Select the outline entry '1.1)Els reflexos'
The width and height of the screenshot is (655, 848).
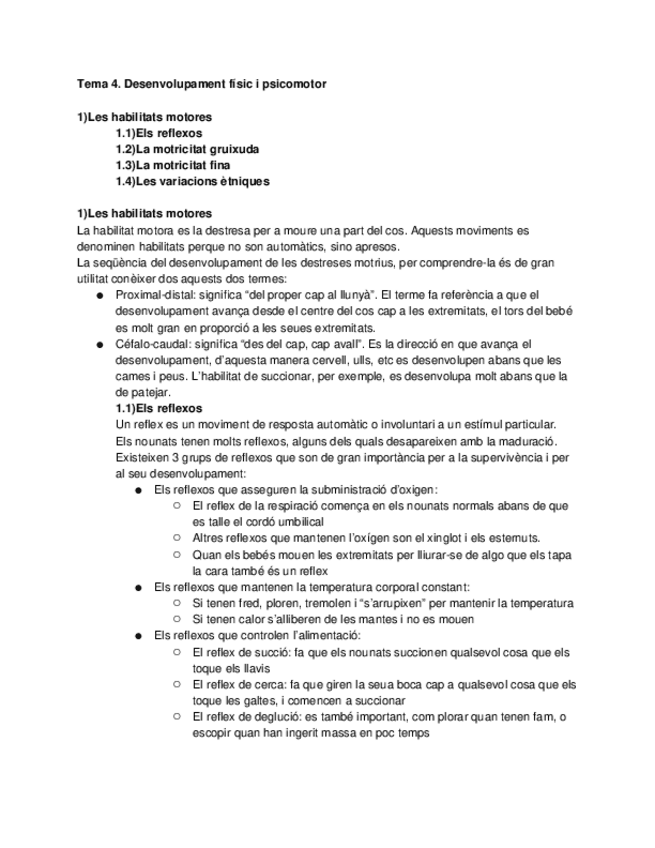pyautogui.click(x=158, y=133)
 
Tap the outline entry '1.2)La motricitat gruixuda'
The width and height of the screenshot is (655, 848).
pyautogui.click(x=187, y=149)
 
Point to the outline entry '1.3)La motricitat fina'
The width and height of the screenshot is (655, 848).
pyautogui.click(x=175, y=165)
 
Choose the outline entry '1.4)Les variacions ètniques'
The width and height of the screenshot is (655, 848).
pyautogui.click(x=192, y=181)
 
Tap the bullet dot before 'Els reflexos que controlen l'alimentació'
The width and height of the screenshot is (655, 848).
pyautogui.click(x=138, y=636)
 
